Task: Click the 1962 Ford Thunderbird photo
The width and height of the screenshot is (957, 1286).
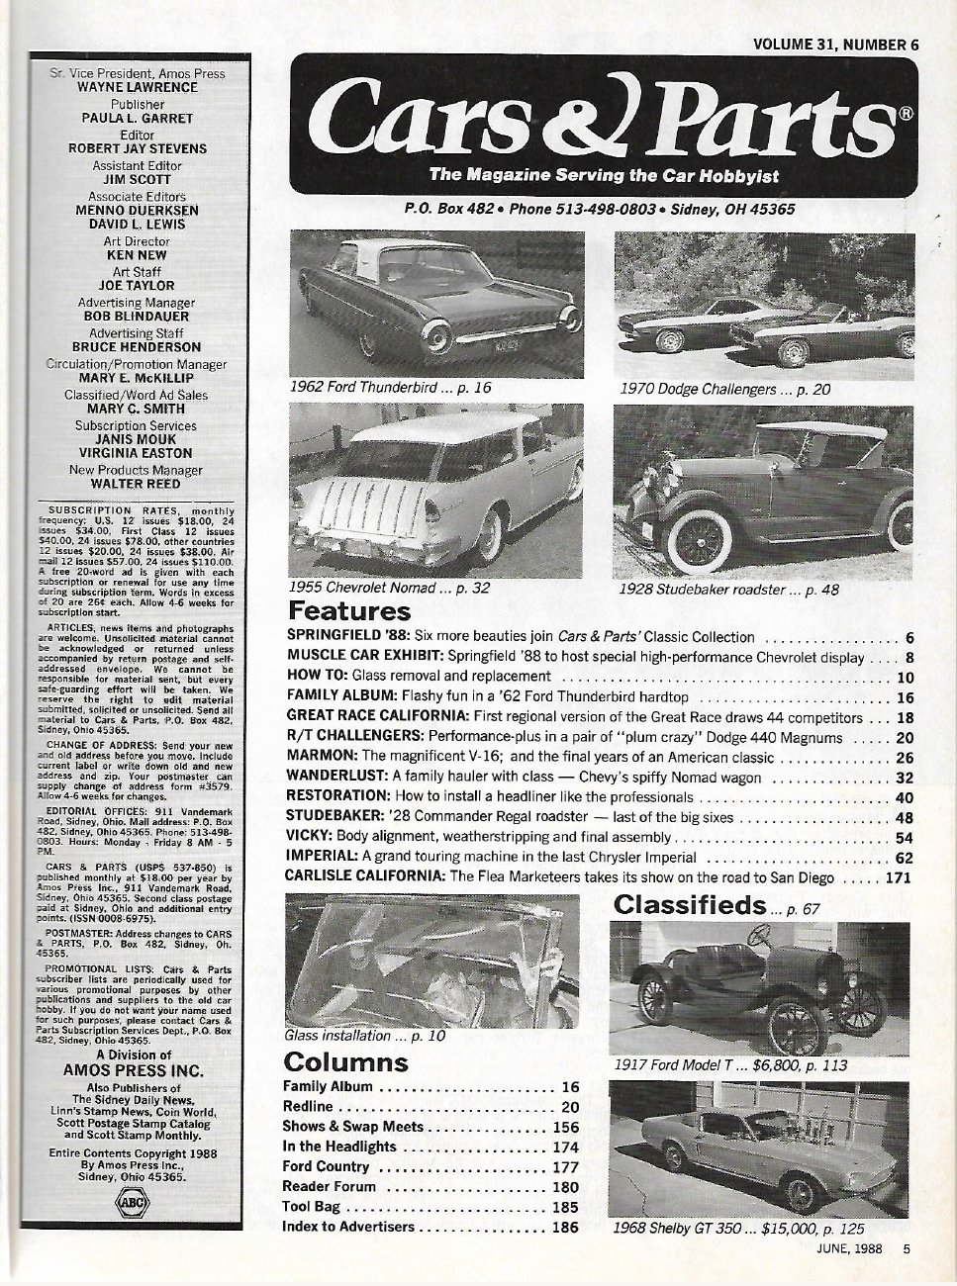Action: click(x=436, y=301)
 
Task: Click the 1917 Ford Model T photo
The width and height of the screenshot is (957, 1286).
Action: click(x=762, y=985)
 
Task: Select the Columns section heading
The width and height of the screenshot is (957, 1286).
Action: click(x=344, y=1062)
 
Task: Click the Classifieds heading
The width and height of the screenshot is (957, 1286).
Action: click(x=690, y=904)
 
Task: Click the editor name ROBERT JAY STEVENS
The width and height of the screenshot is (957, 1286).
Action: click(x=144, y=148)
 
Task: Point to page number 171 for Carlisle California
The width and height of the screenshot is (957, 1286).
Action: click(x=898, y=876)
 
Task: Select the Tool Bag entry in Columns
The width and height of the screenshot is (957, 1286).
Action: click(x=313, y=1207)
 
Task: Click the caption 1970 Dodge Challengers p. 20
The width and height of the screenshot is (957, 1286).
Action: click(x=724, y=389)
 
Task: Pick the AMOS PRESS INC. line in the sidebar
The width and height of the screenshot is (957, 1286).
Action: click(x=133, y=1070)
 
